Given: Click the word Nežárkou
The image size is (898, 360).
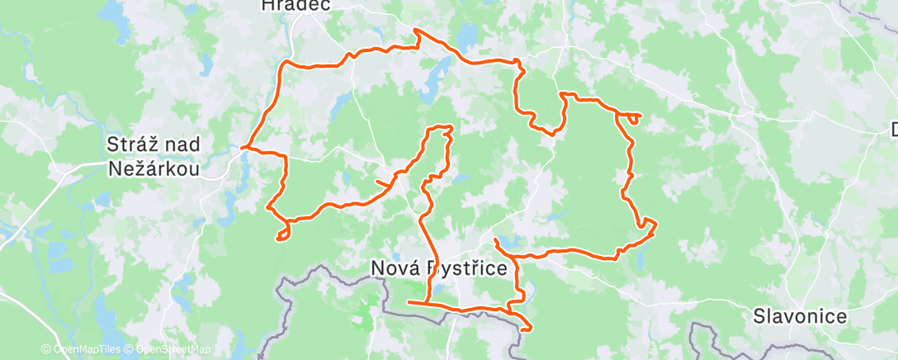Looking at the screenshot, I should (154, 168).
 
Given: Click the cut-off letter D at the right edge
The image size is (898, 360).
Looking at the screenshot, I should (894, 129).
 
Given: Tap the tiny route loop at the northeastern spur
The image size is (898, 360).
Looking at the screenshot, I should (633, 118).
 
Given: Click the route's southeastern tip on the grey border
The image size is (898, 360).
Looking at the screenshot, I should (526, 328).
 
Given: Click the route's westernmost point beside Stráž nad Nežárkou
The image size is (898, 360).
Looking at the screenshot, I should (243, 149).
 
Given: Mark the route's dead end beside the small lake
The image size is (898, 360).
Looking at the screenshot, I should (494, 239).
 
